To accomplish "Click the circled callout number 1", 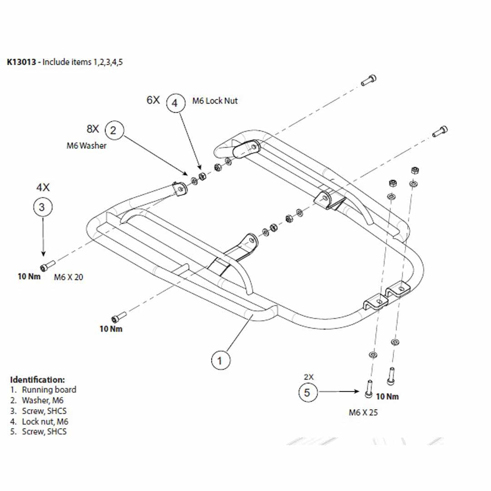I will (x=220, y=361).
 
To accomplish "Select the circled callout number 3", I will (x=43, y=207).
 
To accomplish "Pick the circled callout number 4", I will (x=175, y=103).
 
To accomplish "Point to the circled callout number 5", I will (x=307, y=392).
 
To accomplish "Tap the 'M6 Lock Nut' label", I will (x=215, y=100).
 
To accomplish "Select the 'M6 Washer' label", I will (x=86, y=146).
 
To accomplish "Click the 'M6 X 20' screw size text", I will (x=69, y=277).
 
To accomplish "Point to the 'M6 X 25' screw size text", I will (x=363, y=413).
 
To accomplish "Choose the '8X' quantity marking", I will (x=93, y=129).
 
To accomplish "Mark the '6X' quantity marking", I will (x=153, y=100).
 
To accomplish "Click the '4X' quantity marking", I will (x=43, y=187).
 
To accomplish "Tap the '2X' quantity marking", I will (x=309, y=377).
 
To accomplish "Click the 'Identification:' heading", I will (x=38, y=379).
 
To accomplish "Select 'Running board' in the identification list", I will (x=49, y=390).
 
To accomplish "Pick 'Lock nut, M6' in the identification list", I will (x=45, y=421).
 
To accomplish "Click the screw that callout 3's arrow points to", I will (x=47, y=265).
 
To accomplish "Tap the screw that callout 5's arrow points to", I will (x=369, y=387).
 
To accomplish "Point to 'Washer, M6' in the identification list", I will (x=42, y=401).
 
